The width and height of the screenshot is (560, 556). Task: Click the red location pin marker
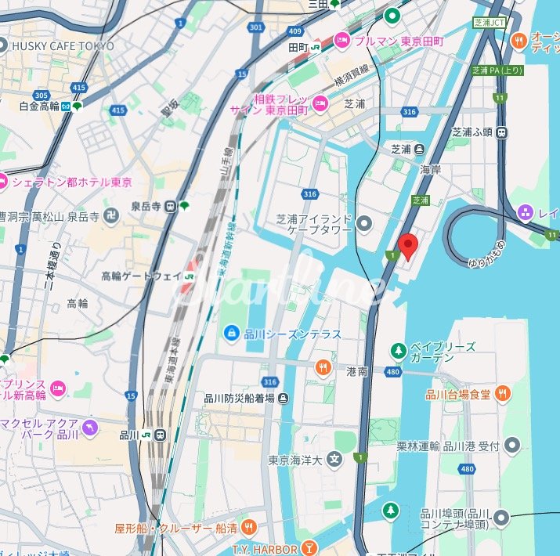click(407, 246)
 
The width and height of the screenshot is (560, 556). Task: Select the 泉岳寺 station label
click(146, 207)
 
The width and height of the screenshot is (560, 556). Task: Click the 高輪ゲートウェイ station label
click(141, 276)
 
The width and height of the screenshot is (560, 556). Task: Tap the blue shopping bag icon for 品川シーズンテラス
click(232, 334)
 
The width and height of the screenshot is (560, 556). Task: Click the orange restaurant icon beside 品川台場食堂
click(502, 394)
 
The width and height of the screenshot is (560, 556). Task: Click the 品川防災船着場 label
click(239, 398)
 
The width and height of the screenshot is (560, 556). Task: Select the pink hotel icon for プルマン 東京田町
click(342, 39)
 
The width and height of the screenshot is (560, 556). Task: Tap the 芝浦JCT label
click(490, 24)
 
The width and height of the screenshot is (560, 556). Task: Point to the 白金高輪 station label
click(39, 107)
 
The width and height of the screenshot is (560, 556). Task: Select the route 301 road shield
click(255, 27)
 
